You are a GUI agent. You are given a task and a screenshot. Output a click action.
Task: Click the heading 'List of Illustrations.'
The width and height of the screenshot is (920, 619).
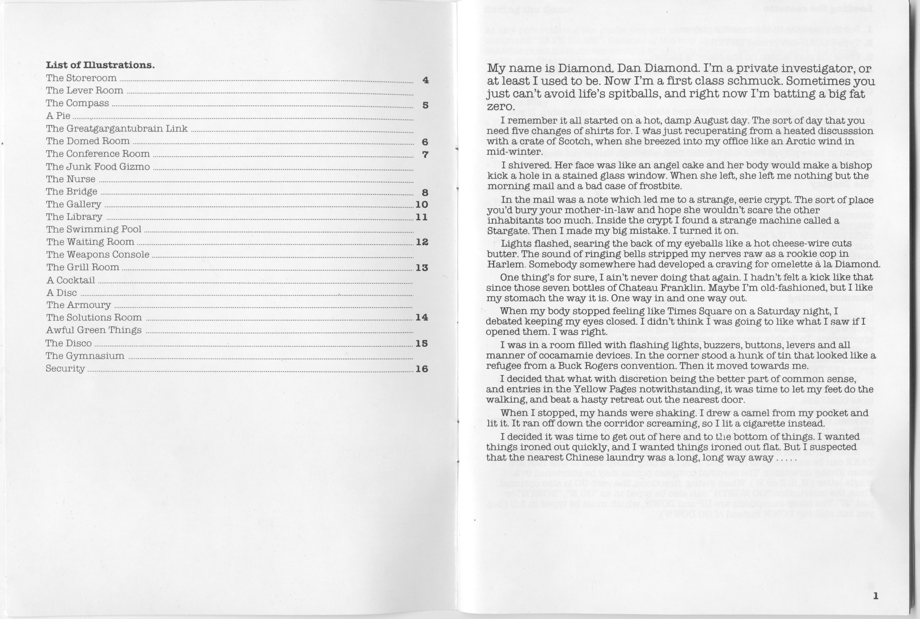pos(100,65)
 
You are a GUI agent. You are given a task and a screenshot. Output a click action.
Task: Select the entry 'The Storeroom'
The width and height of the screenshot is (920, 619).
pos(81,78)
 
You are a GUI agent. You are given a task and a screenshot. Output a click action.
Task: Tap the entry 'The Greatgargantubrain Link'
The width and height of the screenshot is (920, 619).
pos(117,129)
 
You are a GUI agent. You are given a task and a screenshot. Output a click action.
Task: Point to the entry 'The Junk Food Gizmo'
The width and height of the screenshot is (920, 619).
pos(98,166)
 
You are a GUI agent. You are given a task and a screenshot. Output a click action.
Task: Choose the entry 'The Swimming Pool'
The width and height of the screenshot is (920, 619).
pos(94,229)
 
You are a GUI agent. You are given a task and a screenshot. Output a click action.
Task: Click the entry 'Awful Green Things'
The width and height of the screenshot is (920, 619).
pos(94,330)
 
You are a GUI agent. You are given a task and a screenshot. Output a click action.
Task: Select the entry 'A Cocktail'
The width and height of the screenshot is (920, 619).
pos(71,280)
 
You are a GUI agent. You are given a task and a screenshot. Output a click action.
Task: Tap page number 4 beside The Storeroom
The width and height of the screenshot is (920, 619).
pos(425,80)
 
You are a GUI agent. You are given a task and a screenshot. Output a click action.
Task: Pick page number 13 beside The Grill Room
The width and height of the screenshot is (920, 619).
pos(422,268)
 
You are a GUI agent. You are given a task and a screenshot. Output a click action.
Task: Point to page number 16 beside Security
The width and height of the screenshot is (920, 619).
pos(422,369)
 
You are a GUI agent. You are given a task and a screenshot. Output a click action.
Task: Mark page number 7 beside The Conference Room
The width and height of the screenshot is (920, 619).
pos(425,154)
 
